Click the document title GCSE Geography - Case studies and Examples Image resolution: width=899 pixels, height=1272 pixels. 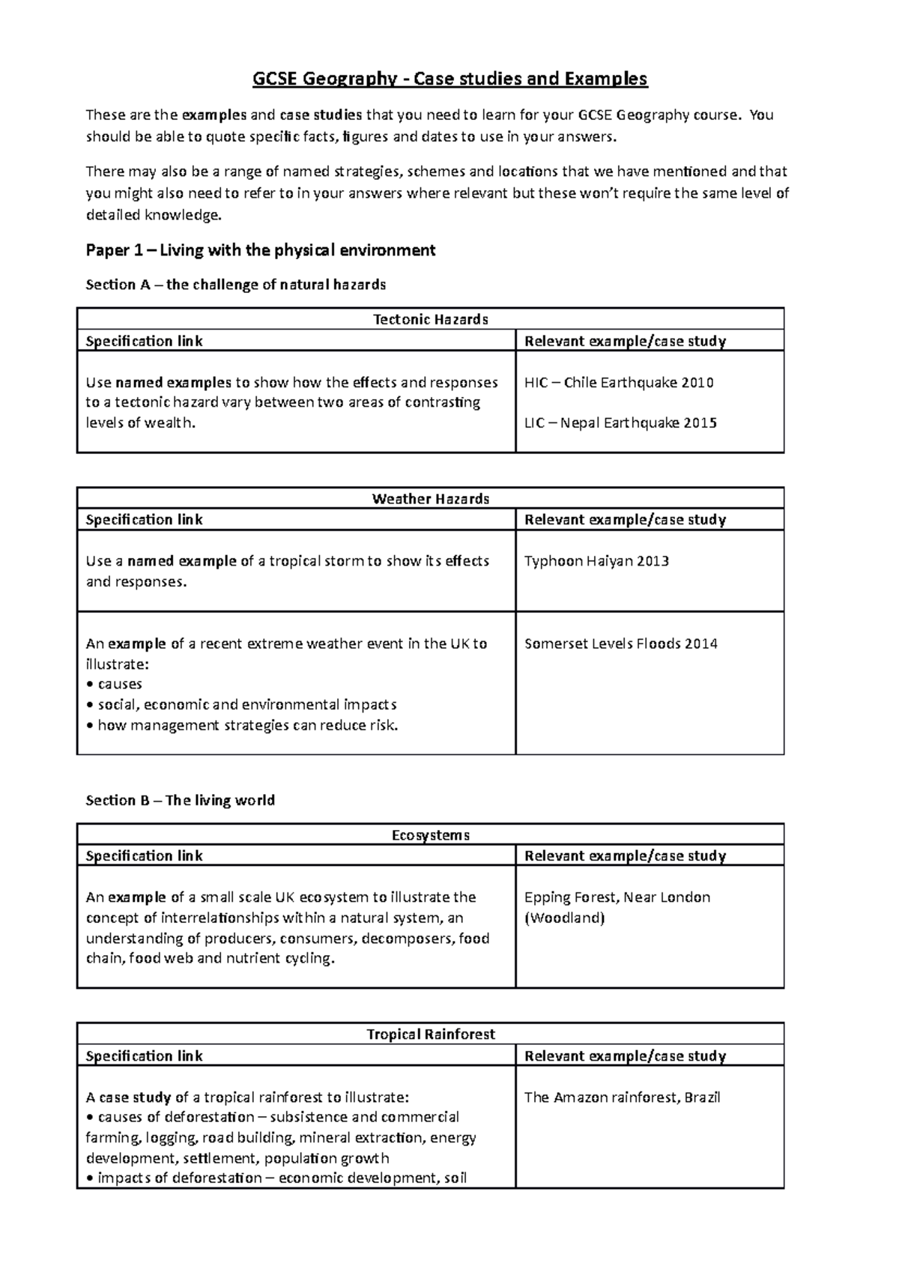click(449, 79)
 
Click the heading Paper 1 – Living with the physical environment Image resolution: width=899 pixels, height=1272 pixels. click(260, 250)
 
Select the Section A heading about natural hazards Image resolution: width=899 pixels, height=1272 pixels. click(235, 285)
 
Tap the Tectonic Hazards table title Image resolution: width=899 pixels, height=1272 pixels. click(431, 320)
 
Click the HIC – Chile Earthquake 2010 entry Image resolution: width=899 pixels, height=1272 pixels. click(619, 383)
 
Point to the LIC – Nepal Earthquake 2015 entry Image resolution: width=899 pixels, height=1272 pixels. click(620, 423)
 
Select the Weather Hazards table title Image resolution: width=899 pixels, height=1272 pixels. click(431, 499)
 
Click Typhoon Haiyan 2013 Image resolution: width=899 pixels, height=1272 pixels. click(596, 561)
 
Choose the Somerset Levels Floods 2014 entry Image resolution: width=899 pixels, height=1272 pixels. click(620, 643)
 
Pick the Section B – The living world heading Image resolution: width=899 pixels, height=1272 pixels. click(180, 801)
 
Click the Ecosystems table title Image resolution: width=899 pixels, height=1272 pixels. click(431, 835)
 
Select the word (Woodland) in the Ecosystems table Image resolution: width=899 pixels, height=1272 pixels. click(564, 918)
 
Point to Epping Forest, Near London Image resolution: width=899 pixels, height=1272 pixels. click(617, 897)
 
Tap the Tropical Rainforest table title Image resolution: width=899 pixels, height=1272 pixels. click(431, 1035)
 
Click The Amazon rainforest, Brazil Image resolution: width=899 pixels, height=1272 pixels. click(622, 1097)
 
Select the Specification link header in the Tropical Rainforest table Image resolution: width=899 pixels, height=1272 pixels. click(144, 1056)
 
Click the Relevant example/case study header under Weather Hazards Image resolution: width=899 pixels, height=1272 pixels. click(625, 520)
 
